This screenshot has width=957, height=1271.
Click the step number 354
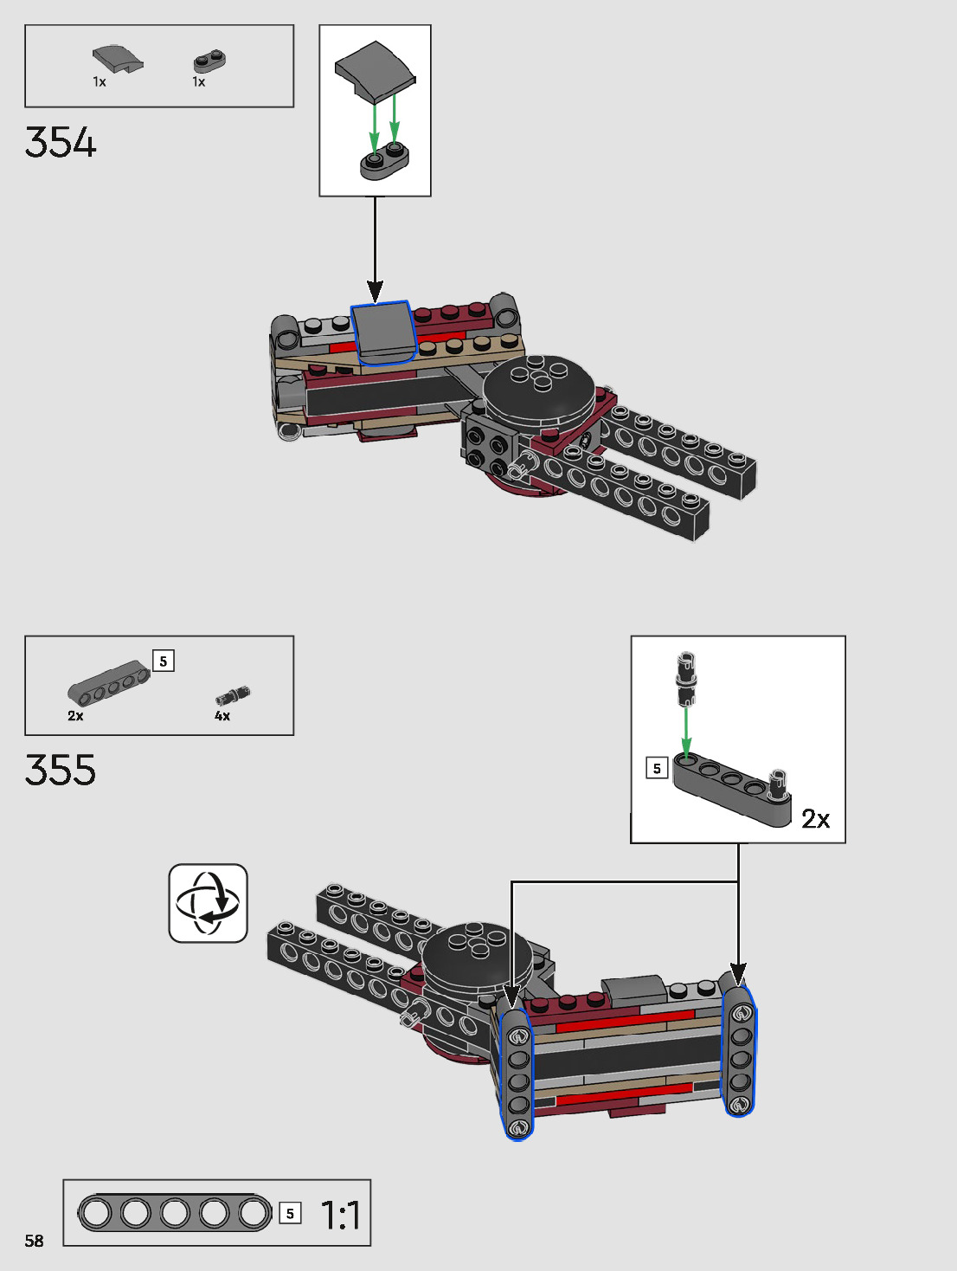coord(61,143)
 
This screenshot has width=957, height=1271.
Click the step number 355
coord(61,770)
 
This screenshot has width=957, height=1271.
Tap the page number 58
coord(34,1241)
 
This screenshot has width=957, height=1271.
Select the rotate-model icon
coord(208,903)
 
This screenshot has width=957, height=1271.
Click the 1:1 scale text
coord(341,1215)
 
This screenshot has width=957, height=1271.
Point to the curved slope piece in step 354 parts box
coord(118,59)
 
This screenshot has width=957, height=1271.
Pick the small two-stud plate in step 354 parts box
coord(209,61)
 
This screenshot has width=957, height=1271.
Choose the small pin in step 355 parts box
coord(233,694)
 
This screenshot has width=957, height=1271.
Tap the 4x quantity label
coord(222,716)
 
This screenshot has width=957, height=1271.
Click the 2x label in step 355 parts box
coord(75,716)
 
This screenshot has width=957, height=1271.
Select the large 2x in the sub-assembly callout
coord(815,818)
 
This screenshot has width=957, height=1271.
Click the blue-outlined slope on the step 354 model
coord(383,332)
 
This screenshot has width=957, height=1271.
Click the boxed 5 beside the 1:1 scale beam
coord(290,1214)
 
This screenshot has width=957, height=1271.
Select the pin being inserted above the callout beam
coord(686,679)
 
